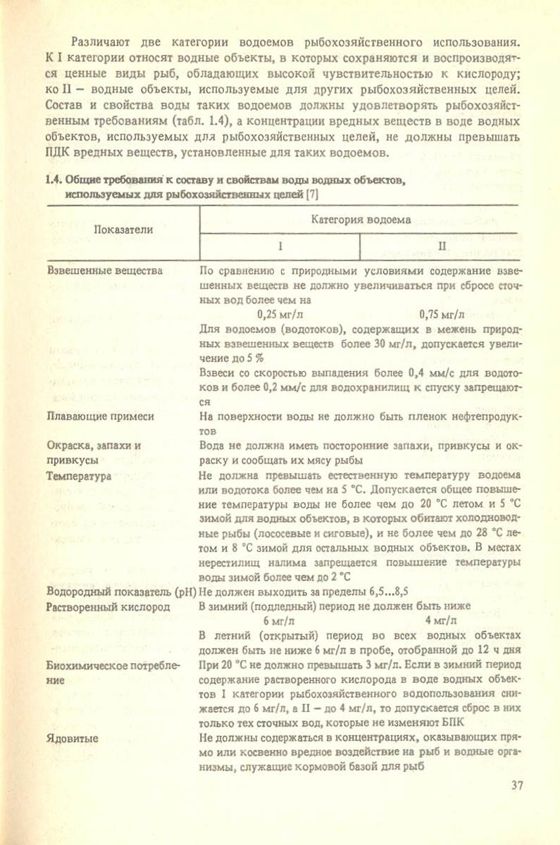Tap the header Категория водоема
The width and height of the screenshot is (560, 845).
(361, 220)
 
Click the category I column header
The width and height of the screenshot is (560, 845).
(279, 247)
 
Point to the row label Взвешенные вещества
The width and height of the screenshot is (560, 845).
(103, 270)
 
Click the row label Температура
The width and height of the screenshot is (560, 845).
(77, 476)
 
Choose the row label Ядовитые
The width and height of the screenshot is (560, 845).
(72, 738)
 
